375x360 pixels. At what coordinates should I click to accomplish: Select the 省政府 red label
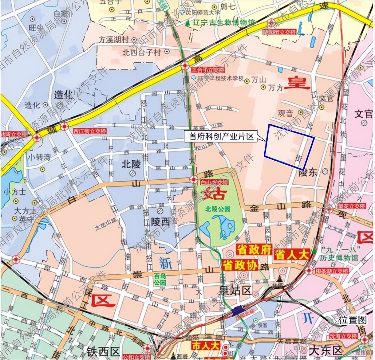point(254,250)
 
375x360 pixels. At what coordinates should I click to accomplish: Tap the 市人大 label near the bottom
point(205,346)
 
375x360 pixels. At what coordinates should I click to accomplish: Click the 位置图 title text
point(353,320)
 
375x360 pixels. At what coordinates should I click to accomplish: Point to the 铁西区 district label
point(102,351)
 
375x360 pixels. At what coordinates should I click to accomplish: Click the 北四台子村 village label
point(141,53)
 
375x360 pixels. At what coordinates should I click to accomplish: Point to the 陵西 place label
point(160,221)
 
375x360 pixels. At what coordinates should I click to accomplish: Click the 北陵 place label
point(131,164)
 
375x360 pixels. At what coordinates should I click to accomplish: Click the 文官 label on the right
point(364,114)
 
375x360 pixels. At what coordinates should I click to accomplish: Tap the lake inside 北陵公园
point(220,227)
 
